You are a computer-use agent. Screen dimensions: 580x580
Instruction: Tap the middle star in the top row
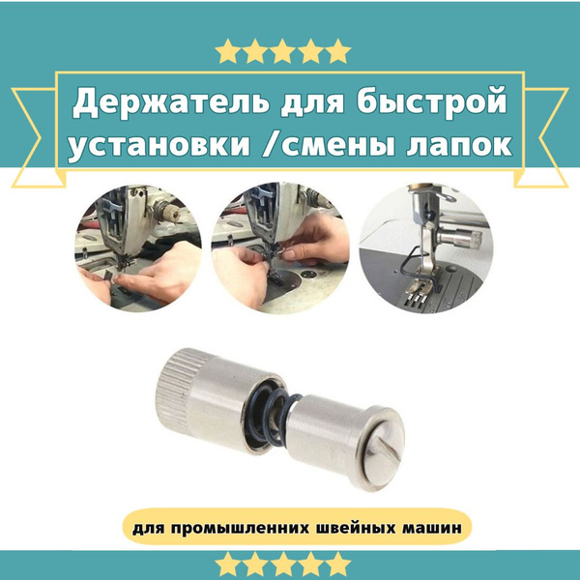pos(282,50)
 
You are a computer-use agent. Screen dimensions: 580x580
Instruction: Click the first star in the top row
pos(228,50)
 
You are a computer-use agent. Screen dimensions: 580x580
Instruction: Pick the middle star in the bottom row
pos(282,565)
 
